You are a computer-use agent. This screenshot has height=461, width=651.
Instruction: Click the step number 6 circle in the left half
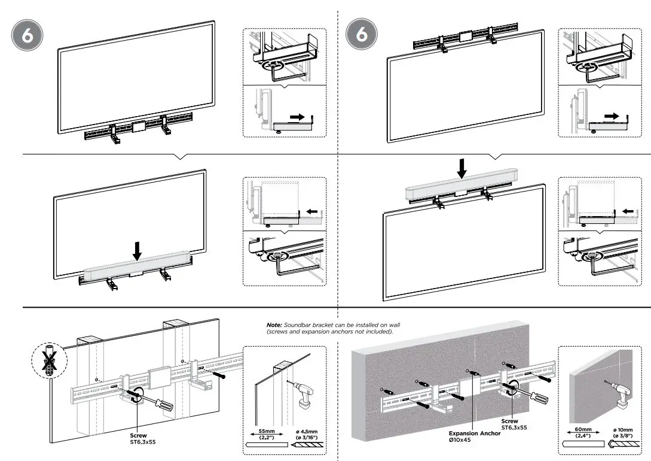click(x=28, y=36)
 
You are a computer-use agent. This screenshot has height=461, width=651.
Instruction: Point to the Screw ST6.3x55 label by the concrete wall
click(x=514, y=424)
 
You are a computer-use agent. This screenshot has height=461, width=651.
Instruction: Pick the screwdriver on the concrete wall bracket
click(x=532, y=400)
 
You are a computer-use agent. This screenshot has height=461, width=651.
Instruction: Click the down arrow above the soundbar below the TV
click(x=137, y=251)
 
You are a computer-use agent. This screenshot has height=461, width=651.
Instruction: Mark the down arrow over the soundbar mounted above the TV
click(x=461, y=167)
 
